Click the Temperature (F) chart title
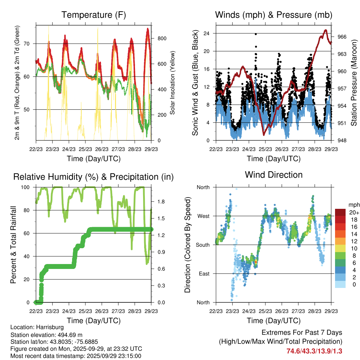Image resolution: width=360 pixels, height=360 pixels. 94,15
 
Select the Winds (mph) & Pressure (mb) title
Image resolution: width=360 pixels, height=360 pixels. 274,15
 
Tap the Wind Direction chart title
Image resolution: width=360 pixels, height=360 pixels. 274,175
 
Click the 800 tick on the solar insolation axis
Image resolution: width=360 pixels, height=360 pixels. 159,38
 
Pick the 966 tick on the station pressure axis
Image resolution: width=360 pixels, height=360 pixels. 342,37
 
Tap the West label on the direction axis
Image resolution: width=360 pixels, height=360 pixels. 204,216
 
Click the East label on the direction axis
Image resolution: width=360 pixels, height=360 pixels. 204,274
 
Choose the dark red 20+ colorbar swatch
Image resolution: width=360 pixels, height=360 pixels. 340,212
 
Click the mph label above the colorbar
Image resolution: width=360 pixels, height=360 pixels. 353,205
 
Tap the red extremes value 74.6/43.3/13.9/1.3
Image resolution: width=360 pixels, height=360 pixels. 314,351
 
